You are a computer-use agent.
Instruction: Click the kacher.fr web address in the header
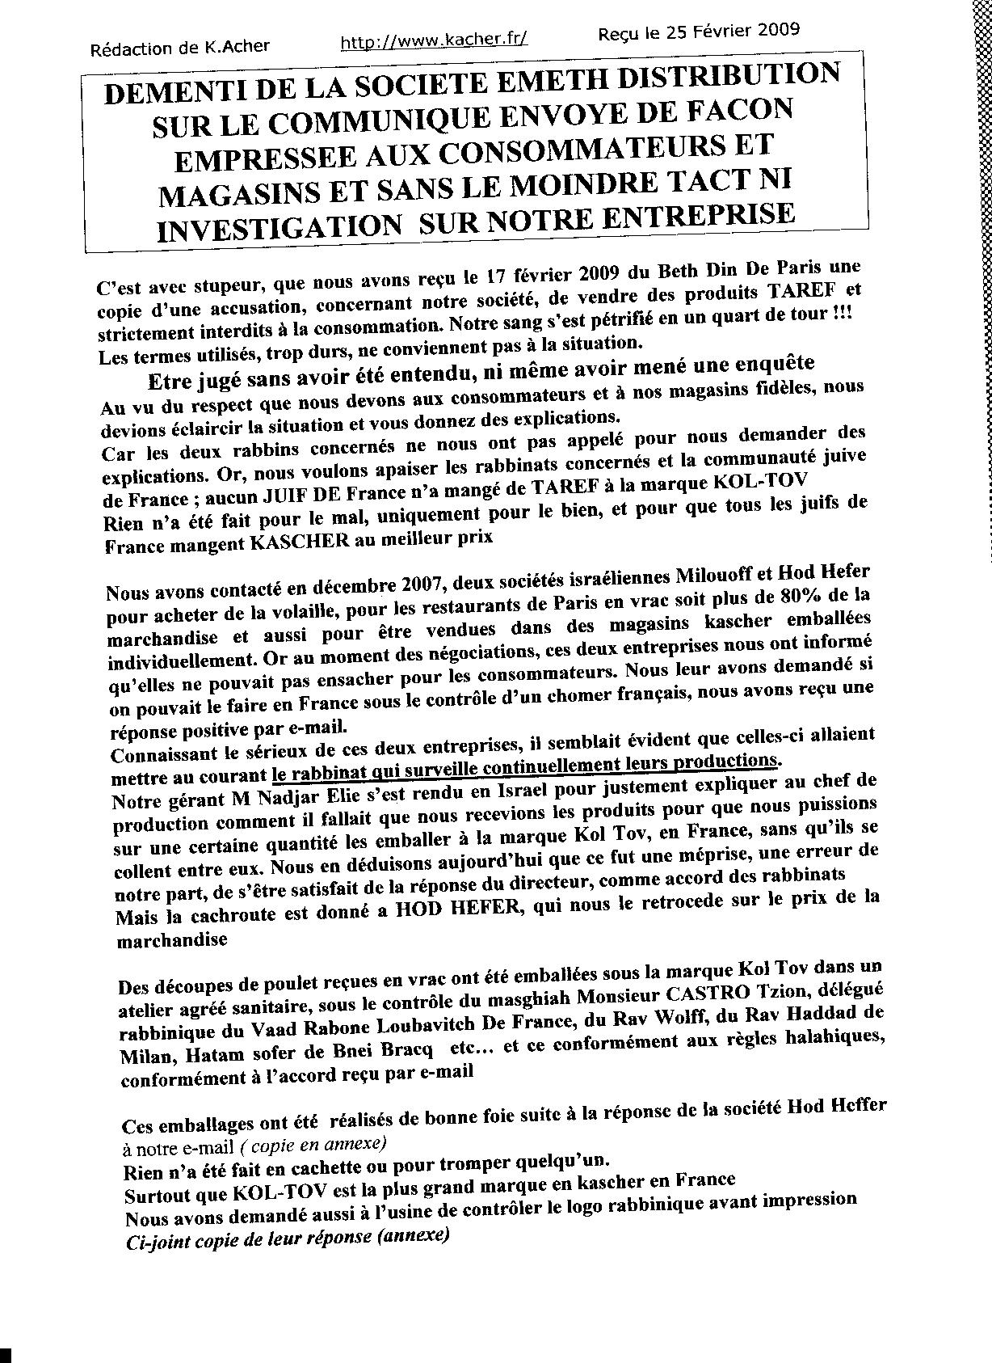point(434,42)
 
